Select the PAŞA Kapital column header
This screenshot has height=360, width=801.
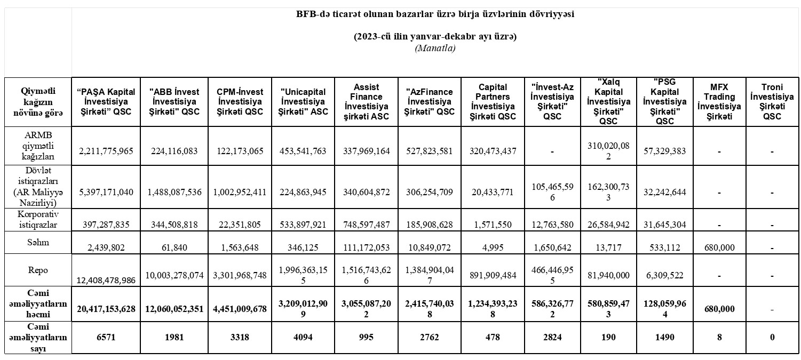pyautogui.click(x=106, y=101)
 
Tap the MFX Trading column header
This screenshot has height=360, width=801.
pyautogui.click(x=719, y=101)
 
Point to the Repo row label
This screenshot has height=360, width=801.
pyautogui.click(x=38, y=270)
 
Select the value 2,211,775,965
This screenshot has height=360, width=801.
pyautogui.click(x=106, y=151)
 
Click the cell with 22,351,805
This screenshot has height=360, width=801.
pyautogui.click(x=239, y=225)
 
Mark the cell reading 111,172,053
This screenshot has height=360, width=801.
pyautogui.click(x=366, y=247)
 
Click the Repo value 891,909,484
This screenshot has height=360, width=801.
pyautogui.click(x=493, y=276)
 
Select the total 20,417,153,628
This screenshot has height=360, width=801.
pyautogui.click(x=106, y=309)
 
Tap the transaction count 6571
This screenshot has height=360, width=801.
pyautogui.click(x=106, y=337)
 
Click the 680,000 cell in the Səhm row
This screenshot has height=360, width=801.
pyautogui.click(x=719, y=247)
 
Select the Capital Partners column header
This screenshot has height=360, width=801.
pyautogui.click(x=493, y=101)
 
